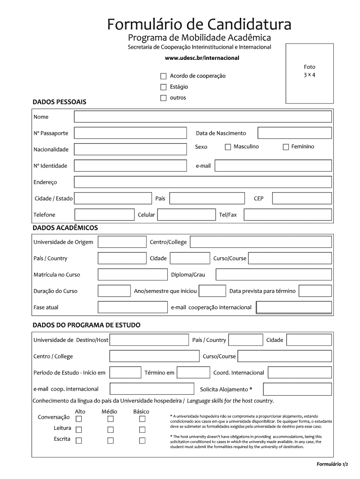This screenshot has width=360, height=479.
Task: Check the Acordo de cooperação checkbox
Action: point(163,76)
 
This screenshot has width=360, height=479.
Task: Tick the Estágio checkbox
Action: point(163,87)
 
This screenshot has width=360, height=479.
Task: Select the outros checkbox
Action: point(163,98)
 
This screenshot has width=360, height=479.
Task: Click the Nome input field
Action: point(203,116)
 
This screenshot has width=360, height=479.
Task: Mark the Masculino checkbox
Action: point(228,147)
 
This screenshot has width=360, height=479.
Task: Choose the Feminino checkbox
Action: point(286,147)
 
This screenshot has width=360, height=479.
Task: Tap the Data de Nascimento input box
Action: point(295,133)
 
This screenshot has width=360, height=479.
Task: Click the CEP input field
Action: point(302,198)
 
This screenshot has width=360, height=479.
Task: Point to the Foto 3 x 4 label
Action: point(310,71)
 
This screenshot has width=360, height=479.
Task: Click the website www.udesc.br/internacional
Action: point(202,58)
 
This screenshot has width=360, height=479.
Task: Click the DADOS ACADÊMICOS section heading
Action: point(65,227)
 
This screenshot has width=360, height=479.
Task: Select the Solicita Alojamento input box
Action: point(297,389)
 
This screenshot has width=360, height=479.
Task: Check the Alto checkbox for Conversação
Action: point(79,419)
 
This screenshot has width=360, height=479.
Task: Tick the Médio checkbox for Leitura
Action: point(111,429)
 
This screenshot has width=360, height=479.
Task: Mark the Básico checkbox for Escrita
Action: point(142,440)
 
